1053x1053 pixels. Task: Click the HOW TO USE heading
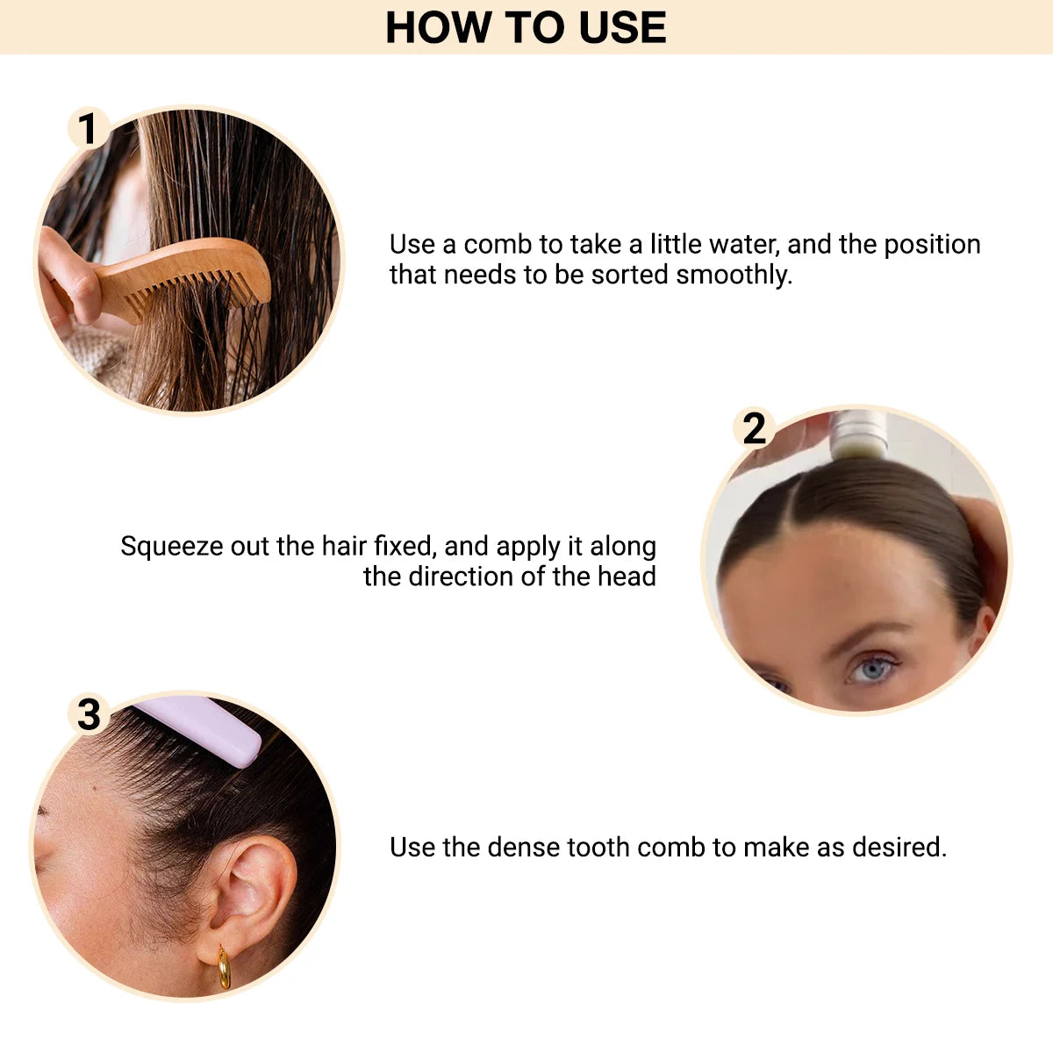click(x=526, y=27)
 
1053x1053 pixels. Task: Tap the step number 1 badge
click(x=88, y=130)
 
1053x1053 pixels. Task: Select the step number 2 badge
click(x=754, y=429)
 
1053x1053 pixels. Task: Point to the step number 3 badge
click(x=89, y=714)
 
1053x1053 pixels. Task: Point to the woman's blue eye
click(x=871, y=670)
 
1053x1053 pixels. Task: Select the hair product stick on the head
click(x=859, y=434)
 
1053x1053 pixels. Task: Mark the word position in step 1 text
click(x=932, y=244)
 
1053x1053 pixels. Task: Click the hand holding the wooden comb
click(x=70, y=276)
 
